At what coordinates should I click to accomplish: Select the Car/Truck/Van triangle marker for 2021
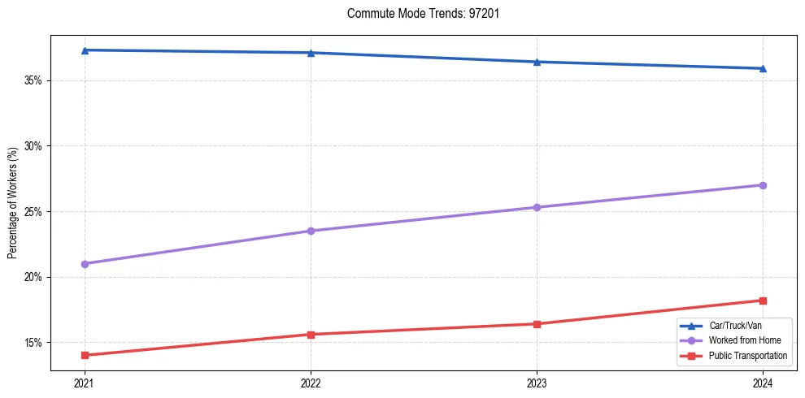pos(85,50)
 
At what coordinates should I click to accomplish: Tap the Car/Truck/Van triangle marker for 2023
pos(537,62)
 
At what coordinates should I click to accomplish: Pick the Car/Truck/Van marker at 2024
pos(763,68)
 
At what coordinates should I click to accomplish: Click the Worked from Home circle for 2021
pos(85,264)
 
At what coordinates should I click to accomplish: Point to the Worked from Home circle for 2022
pos(311,231)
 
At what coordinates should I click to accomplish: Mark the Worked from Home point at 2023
pos(537,207)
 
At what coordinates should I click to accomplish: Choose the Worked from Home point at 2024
pos(763,185)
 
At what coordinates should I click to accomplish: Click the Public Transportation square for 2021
pos(85,355)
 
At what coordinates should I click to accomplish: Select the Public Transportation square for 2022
pos(311,335)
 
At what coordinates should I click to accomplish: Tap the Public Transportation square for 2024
pos(763,301)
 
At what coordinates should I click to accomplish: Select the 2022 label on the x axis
pos(311,383)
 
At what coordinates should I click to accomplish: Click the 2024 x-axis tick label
pos(763,383)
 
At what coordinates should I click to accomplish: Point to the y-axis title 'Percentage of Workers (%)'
pos(13,203)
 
